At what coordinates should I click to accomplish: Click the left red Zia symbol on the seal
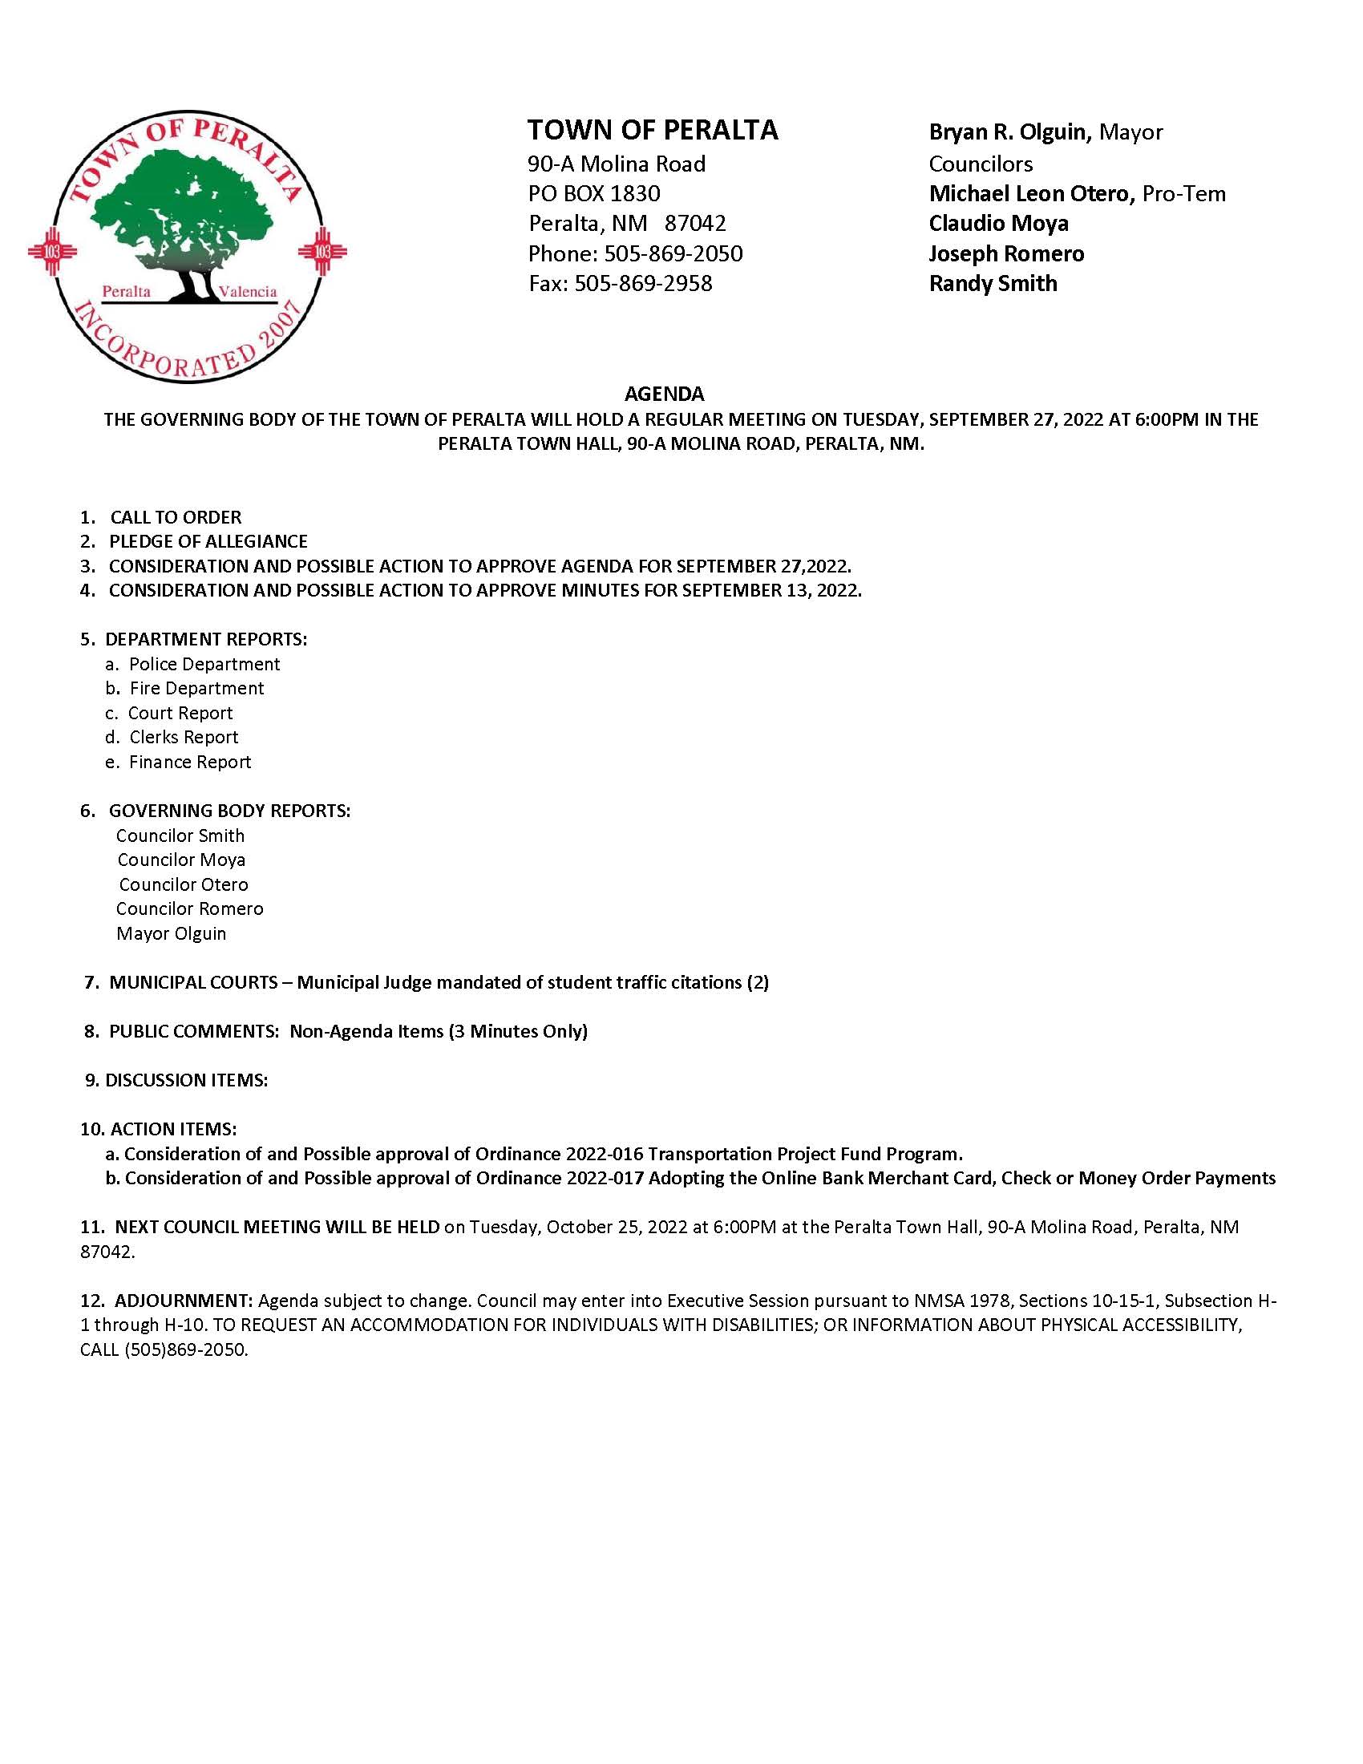point(52,251)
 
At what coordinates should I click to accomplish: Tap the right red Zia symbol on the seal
point(322,251)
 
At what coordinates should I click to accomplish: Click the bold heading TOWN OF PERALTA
point(653,130)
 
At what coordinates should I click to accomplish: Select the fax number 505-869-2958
point(644,284)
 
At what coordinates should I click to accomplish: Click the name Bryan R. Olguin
point(1009,131)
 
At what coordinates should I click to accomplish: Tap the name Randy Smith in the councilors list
point(993,284)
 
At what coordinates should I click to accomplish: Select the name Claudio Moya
point(998,223)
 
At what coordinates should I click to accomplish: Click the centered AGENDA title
point(664,394)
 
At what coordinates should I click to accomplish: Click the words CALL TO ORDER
point(176,517)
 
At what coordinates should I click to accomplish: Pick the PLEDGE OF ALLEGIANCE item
point(208,541)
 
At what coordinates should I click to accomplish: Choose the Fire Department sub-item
point(197,688)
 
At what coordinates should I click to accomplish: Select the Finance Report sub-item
point(190,762)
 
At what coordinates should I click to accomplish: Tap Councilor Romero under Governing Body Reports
point(190,908)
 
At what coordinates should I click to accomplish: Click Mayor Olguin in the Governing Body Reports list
point(172,933)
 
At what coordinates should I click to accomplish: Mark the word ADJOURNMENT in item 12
point(184,1301)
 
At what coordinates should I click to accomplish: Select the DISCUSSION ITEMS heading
point(187,1080)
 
